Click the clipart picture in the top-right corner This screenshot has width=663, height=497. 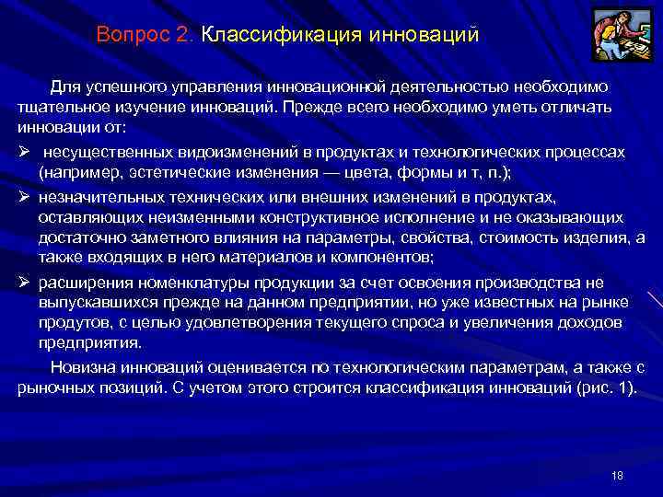tap(619, 35)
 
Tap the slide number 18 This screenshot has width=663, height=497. tap(617, 475)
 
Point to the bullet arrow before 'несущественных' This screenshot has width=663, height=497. tap(24, 151)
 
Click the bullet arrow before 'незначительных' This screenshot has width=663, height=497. tap(24, 196)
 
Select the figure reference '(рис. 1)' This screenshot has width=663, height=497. tap(605, 387)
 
